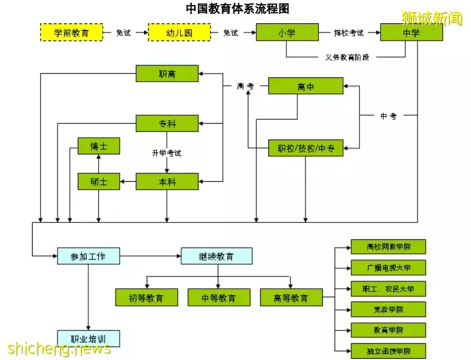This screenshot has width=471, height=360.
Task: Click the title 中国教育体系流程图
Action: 237,8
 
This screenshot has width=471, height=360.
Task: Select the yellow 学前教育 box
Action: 71,33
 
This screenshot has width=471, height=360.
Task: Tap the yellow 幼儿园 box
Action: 179,33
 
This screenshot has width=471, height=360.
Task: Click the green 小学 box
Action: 286,33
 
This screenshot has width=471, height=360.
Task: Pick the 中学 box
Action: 411,33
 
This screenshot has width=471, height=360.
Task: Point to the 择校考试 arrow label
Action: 349,33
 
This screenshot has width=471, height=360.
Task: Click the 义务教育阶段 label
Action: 347,57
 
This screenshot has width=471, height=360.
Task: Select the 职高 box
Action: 167,74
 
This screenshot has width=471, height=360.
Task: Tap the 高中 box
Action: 305,87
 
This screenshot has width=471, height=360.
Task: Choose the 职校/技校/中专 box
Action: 305,149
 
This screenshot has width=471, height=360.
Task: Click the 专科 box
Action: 167,124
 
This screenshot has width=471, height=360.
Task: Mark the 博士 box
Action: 99,146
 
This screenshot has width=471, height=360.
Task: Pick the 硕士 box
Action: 99,182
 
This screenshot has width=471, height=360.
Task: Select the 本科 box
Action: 167,182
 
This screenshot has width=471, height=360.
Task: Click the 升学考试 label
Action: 167,153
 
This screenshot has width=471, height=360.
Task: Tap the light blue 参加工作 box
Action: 88,256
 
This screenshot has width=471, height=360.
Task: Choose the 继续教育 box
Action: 217,256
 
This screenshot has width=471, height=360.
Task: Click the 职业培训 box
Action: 88,338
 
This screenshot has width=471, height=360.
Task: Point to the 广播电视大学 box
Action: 389,268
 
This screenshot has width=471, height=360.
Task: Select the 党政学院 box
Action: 389,309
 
